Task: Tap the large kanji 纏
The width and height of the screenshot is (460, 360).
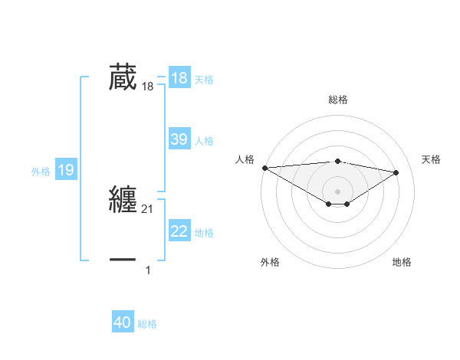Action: [x=123, y=199]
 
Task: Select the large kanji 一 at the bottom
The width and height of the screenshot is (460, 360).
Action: [x=123, y=260]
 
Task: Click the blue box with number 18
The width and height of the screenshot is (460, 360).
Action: [x=179, y=78]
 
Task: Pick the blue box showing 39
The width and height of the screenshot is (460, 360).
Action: [x=179, y=139]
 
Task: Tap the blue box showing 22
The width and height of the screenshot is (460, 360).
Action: [x=179, y=231]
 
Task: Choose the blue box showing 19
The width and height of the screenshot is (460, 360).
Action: [x=66, y=170]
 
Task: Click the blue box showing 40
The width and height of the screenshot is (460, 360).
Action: [x=123, y=323]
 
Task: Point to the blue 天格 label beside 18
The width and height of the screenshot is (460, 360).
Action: [x=204, y=80]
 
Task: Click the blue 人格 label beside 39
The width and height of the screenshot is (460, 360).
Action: [x=204, y=141]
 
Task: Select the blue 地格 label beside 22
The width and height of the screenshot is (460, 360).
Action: [x=204, y=233]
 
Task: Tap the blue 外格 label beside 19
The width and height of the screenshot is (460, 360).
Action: [x=41, y=172]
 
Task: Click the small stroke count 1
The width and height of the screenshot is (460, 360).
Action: [x=148, y=270]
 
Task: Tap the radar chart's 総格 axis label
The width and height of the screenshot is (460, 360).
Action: [x=337, y=100]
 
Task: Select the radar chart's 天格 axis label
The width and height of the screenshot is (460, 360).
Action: [x=432, y=159]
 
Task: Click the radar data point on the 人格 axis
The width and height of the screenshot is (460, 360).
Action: [x=264, y=168]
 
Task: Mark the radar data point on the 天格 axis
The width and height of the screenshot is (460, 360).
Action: [x=396, y=172]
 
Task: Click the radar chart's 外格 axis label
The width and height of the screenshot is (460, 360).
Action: [x=270, y=262]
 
